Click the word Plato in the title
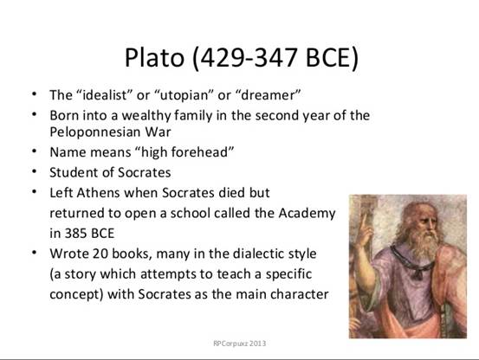[x=154, y=57]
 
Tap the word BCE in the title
[x=328, y=57]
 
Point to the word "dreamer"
[x=269, y=95]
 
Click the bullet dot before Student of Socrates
[x=35, y=171]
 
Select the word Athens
[x=98, y=193]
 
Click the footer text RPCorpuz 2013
[x=239, y=344]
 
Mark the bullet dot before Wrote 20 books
[x=35, y=253]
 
